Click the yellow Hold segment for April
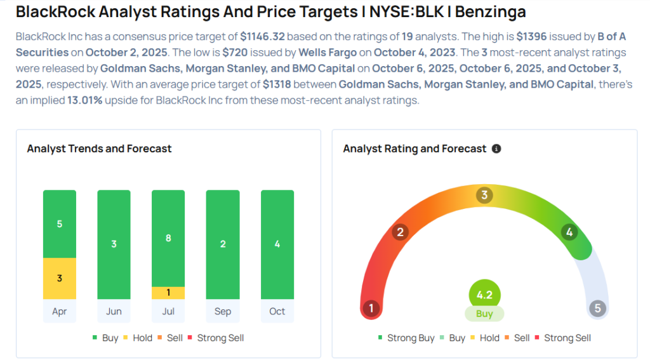coord(60,278)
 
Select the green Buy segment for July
coord(168,238)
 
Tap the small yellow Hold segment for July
coord(168,293)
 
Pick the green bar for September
coord(223,244)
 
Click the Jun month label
coord(114,311)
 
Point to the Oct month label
coord(277,311)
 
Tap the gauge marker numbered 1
coord(371,309)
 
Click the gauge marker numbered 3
coord(484,195)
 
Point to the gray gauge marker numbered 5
coord(597,309)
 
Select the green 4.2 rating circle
coord(484,295)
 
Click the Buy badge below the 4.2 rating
coord(484,314)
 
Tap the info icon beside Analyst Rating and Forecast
coord(496,149)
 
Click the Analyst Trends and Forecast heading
coord(99,149)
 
